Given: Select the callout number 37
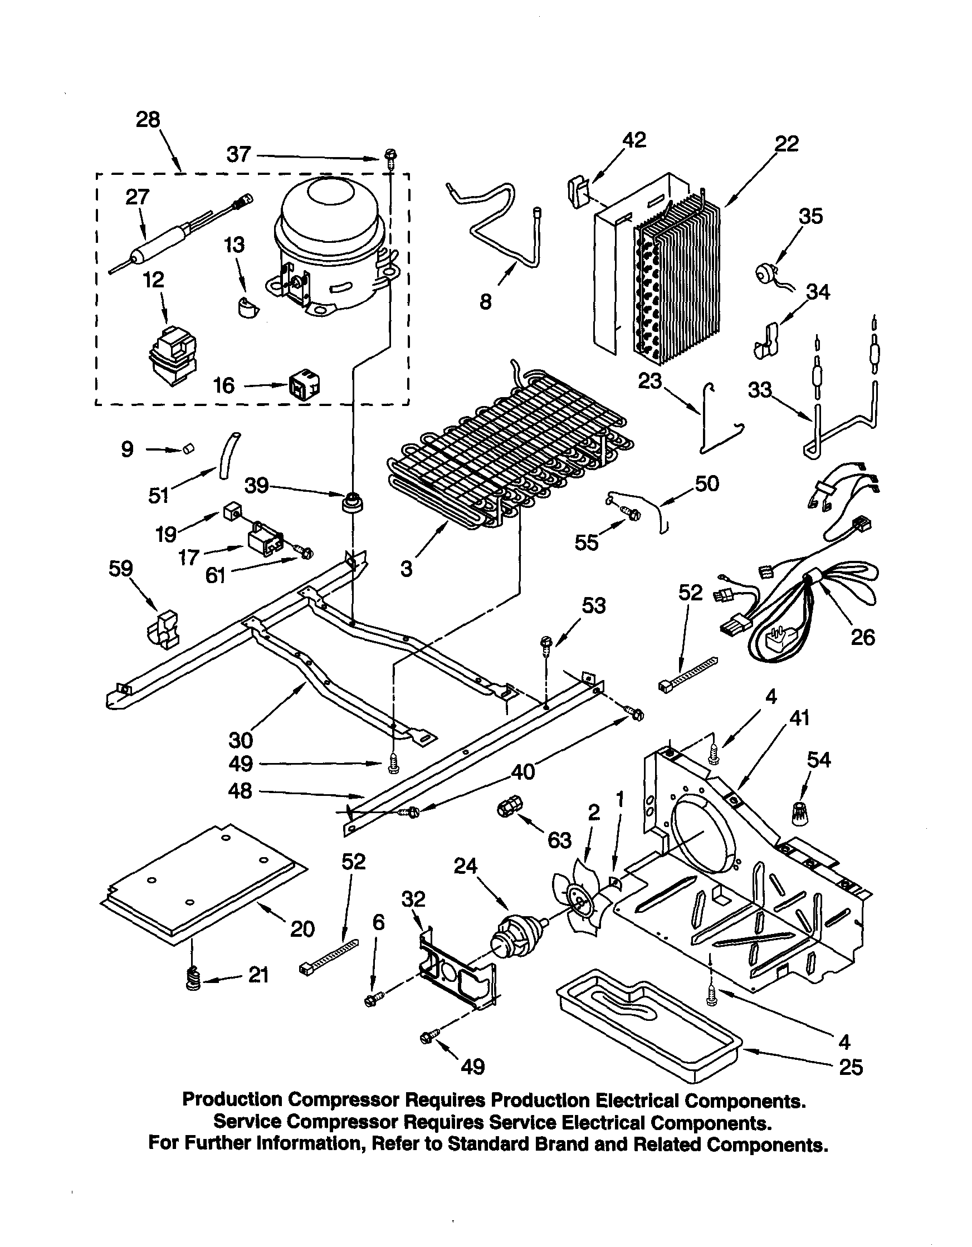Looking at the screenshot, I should click(x=238, y=154).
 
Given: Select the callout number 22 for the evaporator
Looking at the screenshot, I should click(x=787, y=144).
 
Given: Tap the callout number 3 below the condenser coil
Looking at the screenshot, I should click(x=406, y=569).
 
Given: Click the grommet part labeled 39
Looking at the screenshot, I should click(x=352, y=503).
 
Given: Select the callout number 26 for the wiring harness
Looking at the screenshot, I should click(x=862, y=637).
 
